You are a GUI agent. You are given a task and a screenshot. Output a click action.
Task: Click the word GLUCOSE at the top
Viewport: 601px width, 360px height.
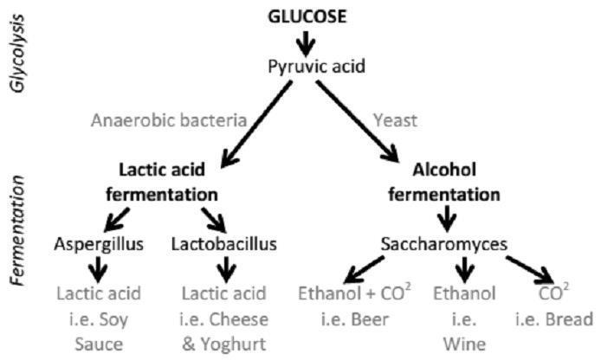point(307,16)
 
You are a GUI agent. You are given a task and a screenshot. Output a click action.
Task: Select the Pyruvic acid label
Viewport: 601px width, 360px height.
point(316,67)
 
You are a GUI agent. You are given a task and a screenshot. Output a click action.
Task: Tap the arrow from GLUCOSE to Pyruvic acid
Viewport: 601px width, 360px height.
point(306,43)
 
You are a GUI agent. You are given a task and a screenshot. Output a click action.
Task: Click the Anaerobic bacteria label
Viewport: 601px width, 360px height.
point(169,120)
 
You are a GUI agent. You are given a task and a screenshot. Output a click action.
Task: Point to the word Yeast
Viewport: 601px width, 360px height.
point(395,120)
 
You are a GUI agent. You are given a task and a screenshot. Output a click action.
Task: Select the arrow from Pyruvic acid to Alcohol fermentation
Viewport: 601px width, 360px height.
point(358,121)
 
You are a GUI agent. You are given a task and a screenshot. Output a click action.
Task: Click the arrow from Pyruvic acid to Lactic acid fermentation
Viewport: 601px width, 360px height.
point(257,124)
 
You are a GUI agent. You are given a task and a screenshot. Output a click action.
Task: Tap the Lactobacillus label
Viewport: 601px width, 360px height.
point(223,244)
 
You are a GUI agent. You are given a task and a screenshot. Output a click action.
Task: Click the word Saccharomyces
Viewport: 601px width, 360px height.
point(444,244)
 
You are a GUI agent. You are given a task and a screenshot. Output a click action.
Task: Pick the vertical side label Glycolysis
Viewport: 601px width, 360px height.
point(17,54)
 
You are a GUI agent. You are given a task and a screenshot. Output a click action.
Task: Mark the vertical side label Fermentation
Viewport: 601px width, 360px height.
point(17,231)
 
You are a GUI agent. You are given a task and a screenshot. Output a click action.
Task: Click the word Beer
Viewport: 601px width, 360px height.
point(371,319)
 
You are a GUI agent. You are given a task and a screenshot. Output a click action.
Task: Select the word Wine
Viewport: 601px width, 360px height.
point(464,344)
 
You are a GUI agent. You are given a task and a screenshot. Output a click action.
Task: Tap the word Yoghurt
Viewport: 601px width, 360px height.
point(234,344)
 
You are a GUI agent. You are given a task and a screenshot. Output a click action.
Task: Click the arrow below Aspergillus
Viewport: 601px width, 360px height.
point(99,269)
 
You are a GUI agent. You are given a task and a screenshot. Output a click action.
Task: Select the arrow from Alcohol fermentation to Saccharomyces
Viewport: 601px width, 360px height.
point(447,219)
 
